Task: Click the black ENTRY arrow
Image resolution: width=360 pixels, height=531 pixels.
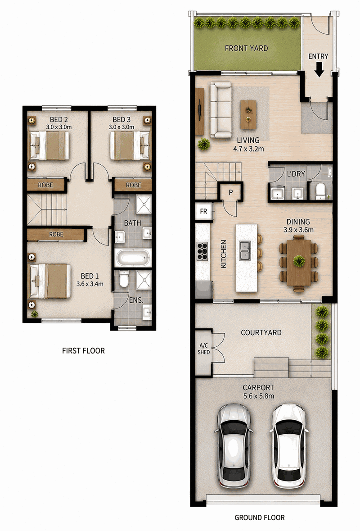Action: click(x=319, y=70)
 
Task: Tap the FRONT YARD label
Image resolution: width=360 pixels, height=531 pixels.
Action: click(x=246, y=49)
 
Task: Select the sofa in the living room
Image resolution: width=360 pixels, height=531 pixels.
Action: click(x=220, y=110)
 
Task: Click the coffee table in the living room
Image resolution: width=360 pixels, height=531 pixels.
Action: click(x=248, y=114)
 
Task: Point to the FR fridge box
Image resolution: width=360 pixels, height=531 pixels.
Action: click(x=204, y=212)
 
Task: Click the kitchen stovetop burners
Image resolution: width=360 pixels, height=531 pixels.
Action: click(x=202, y=251)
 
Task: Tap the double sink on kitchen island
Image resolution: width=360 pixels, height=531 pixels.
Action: click(x=245, y=250)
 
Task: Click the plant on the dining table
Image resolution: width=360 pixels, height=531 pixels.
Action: click(x=299, y=261)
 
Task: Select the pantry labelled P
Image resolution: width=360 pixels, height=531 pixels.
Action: click(x=230, y=192)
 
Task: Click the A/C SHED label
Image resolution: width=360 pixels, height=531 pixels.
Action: click(x=204, y=349)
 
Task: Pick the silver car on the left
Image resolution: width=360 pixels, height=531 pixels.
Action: click(x=234, y=446)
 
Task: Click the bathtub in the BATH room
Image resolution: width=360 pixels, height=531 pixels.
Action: click(x=133, y=258)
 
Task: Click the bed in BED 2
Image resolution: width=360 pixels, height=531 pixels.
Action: click(x=49, y=145)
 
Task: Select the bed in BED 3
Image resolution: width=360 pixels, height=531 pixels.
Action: click(x=130, y=145)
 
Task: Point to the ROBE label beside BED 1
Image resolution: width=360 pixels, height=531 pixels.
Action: click(x=56, y=234)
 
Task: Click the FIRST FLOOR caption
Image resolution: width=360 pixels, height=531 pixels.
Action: click(x=83, y=351)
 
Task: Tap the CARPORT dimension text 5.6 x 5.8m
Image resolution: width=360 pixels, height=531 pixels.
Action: click(x=259, y=396)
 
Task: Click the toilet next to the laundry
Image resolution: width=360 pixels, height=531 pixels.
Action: click(x=320, y=192)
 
